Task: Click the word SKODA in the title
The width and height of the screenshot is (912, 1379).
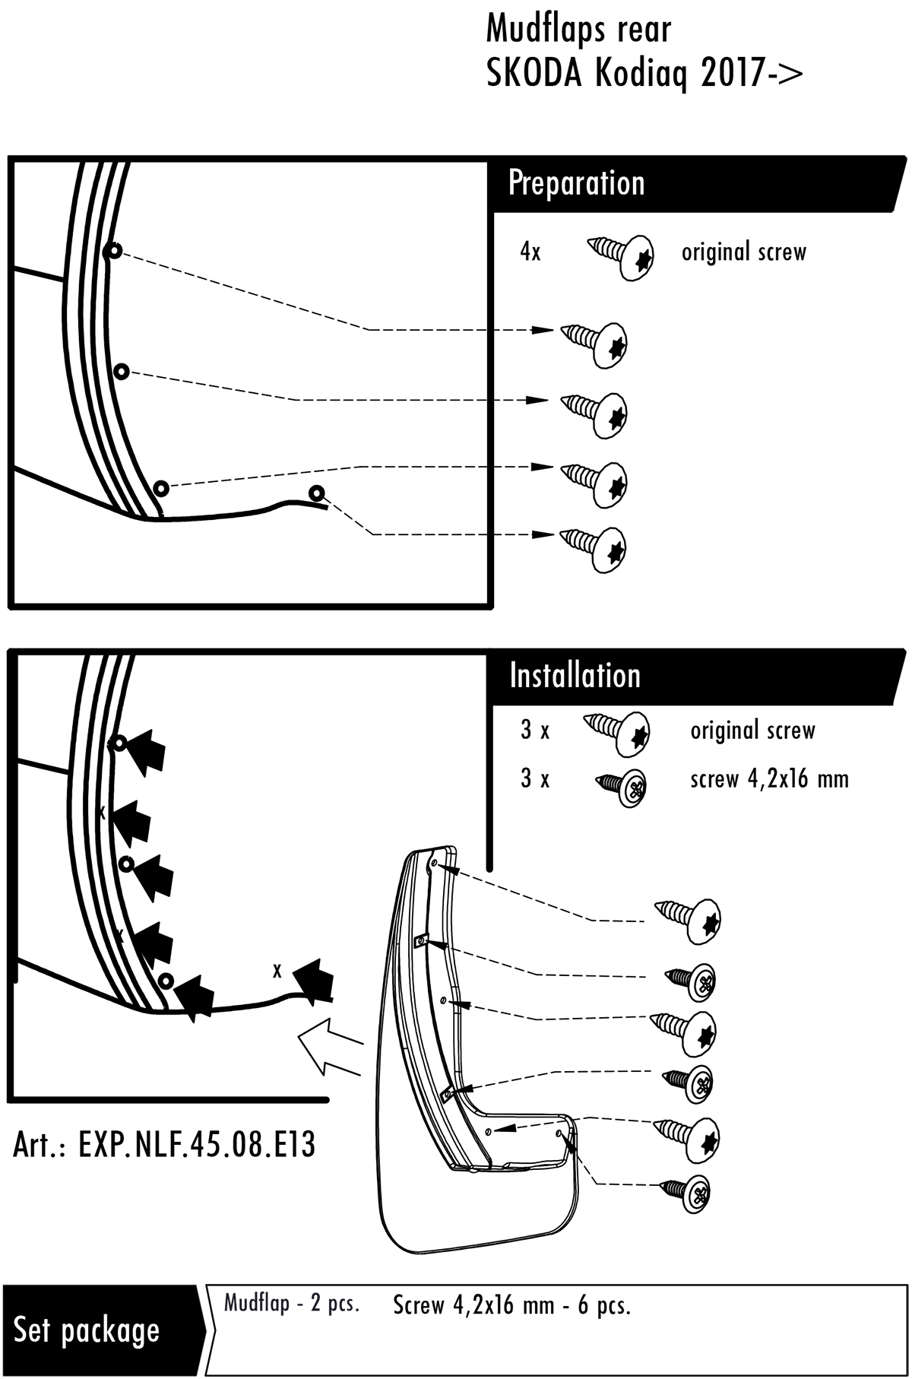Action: coord(535,74)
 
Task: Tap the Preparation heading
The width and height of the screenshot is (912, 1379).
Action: coord(576,183)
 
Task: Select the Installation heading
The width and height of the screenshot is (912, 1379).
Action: coord(575,675)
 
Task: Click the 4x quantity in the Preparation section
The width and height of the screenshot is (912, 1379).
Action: coord(530,252)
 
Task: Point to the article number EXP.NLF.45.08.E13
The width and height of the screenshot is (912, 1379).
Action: coord(164,1145)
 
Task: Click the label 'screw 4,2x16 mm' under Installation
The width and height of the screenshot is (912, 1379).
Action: coord(769,778)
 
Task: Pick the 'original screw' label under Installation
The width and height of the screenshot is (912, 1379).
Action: coord(752,731)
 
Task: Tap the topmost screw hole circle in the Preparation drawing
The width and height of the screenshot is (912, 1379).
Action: coord(114,251)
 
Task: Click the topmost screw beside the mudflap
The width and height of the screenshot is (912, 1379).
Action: coord(689,920)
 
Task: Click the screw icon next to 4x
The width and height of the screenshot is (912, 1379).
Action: coord(622,255)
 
